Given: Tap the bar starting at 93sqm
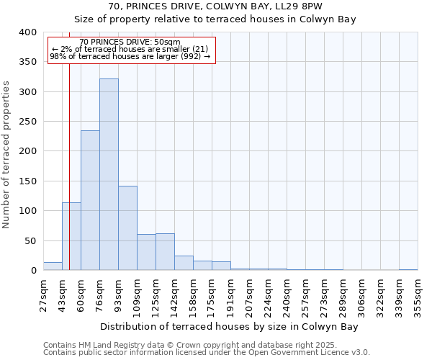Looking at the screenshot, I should (x=127, y=228).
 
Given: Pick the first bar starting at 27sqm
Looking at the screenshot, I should (x=53, y=266).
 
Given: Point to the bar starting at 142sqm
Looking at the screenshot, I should (x=184, y=263).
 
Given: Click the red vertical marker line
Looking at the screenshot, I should (x=69, y=180).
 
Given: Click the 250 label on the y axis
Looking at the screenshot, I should (x=27, y=122).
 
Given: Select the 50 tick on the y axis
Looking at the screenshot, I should (x=30, y=240).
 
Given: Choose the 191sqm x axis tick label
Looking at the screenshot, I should (x=230, y=293).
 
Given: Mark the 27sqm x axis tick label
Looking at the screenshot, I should (x=43, y=293).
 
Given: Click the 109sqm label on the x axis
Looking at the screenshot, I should (x=137, y=293).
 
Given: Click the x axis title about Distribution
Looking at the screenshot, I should (x=229, y=326).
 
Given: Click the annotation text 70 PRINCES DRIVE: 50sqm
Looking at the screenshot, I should (x=130, y=42).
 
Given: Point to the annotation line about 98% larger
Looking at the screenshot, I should (x=130, y=56).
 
